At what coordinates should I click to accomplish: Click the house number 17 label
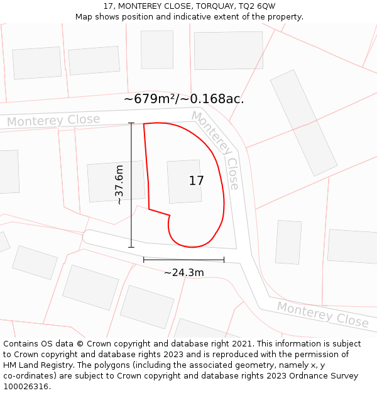[x=196, y=181]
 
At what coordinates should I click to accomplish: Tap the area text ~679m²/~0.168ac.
[x=183, y=99]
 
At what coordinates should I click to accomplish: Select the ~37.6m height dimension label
[x=119, y=185]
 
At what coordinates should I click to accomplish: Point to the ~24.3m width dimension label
[x=183, y=273]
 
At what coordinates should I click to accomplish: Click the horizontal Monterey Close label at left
[x=53, y=121]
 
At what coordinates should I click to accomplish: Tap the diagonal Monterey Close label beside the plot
[x=216, y=149]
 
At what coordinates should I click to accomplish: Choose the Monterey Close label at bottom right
[x=322, y=314]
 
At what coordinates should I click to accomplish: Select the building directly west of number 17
[x=116, y=182]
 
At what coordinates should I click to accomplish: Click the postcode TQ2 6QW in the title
[x=257, y=6]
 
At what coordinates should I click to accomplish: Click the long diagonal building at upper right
[x=303, y=122]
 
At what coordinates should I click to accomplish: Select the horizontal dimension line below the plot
[x=183, y=259]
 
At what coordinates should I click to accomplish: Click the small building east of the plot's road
[x=288, y=241]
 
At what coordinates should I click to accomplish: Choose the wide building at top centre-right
[x=228, y=50]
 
